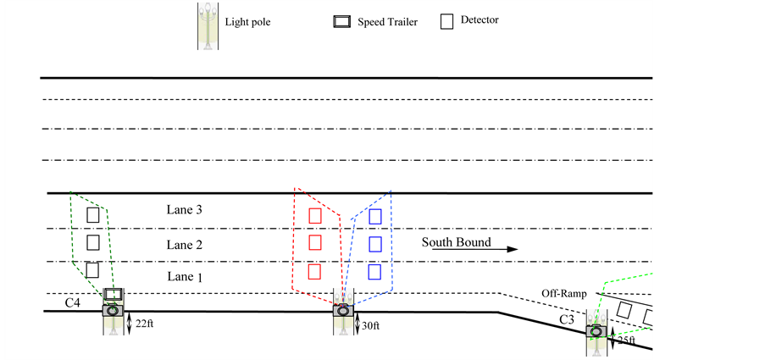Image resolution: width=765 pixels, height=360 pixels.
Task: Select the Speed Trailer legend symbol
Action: pyautogui.click(x=342, y=22)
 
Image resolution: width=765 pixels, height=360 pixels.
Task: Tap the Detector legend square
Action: pyautogui.click(x=447, y=22)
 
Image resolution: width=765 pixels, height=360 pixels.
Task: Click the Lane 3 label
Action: pyautogui.click(x=185, y=210)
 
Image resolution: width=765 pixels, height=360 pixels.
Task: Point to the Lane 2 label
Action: pyautogui.click(x=185, y=246)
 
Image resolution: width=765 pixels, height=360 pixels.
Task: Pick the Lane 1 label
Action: pyautogui.click(x=185, y=277)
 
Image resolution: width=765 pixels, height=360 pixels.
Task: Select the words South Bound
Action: pyautogui.click(x=457, y=243)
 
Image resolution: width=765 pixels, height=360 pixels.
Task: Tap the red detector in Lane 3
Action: pyautogui.click(x=315, y=215)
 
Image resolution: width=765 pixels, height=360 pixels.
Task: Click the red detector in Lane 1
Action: pyautogui.click(x=314, y=272)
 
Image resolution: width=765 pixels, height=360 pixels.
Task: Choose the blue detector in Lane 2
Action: pyautogui.click(x=374, y=244)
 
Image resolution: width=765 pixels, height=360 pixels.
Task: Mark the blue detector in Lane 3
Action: pyautogui.click(x=374, y=216)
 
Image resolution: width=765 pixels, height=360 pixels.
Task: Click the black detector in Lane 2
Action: pyautogui.click(x=93, y=243)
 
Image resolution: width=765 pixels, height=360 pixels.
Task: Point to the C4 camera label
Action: pyautogui.click(x=73, y=302)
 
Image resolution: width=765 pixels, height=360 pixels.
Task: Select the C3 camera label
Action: pyautogui.click(x=567, y=320)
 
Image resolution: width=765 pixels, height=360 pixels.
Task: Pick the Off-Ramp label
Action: pyautogui.click(x=563, y=294)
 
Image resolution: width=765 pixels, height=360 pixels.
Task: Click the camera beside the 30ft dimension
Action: pyautogui.click(x=343, y=311)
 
